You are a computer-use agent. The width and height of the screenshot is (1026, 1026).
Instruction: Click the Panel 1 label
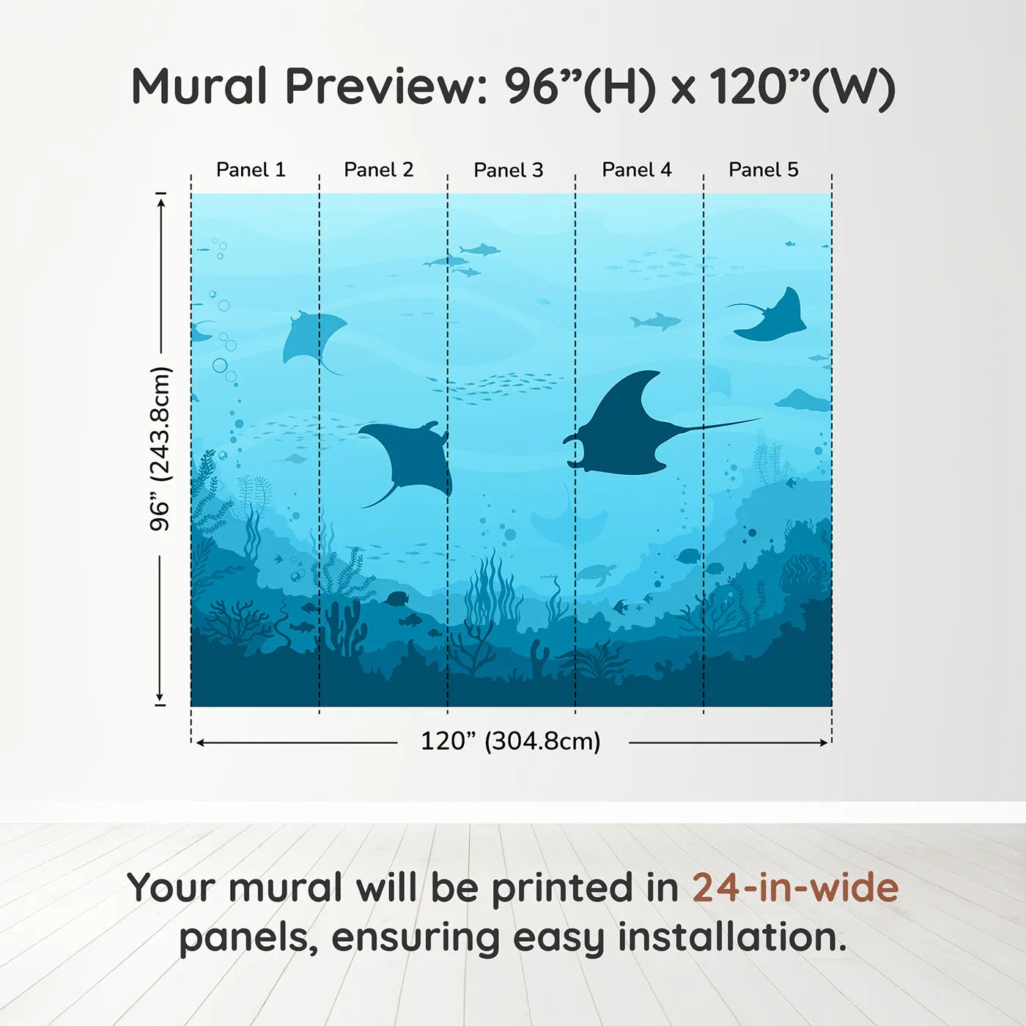pos(251,170)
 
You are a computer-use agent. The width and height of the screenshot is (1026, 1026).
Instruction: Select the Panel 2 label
pos(379,170)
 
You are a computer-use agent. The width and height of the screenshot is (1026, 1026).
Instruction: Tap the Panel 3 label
pos(509,171)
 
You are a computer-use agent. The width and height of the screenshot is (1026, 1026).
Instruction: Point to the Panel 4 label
pos(637,170)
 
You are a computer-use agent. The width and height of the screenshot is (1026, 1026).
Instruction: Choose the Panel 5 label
pos(764,170)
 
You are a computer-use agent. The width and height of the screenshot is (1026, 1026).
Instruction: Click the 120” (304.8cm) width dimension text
pos(511,742)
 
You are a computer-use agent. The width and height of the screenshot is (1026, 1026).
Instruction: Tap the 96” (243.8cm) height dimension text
pos(160,449)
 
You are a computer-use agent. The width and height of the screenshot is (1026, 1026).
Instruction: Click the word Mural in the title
pos(199,87)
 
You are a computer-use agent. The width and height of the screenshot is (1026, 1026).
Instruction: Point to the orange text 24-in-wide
pos(795,887)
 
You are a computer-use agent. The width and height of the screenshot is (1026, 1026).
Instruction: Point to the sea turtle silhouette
pos(596,573)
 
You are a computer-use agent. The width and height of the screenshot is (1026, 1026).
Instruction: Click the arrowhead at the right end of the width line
pos(824,742)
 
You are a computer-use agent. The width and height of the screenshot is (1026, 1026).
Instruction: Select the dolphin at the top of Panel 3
pos(480,250)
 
